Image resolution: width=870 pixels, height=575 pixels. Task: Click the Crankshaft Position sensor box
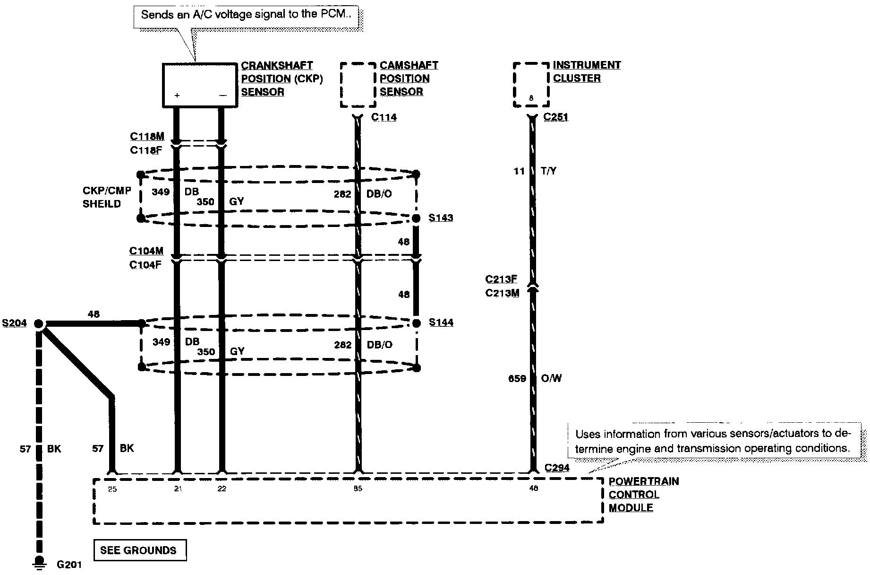(199, 85)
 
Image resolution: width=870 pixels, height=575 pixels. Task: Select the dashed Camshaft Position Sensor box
(358, 85)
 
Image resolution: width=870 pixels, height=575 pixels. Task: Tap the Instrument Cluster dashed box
(531, 85)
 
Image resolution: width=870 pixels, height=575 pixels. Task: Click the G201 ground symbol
(39, 562)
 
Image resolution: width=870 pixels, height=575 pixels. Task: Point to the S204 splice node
(39, 324)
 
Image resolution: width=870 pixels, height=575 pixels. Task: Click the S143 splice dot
(416, 218)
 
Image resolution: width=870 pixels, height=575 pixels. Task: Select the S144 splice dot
(416, 323)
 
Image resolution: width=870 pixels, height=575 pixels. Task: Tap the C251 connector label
(556, 117)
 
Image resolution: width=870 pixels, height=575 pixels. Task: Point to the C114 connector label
(384, 117)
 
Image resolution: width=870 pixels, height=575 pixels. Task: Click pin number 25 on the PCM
(112, 489)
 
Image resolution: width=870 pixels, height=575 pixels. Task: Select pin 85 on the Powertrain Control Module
(358, 489)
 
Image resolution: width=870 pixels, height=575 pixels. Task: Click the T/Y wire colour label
(548, 171)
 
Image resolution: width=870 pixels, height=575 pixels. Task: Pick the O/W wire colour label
(551, 378)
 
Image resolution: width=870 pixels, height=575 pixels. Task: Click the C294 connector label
(557, 468)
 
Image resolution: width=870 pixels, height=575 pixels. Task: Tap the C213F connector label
(501, 279)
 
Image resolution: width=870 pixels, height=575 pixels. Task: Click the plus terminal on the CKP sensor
(177, 96)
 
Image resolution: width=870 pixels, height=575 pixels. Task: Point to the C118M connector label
(147, 137)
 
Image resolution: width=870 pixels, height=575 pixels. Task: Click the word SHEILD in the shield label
(102, 204)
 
